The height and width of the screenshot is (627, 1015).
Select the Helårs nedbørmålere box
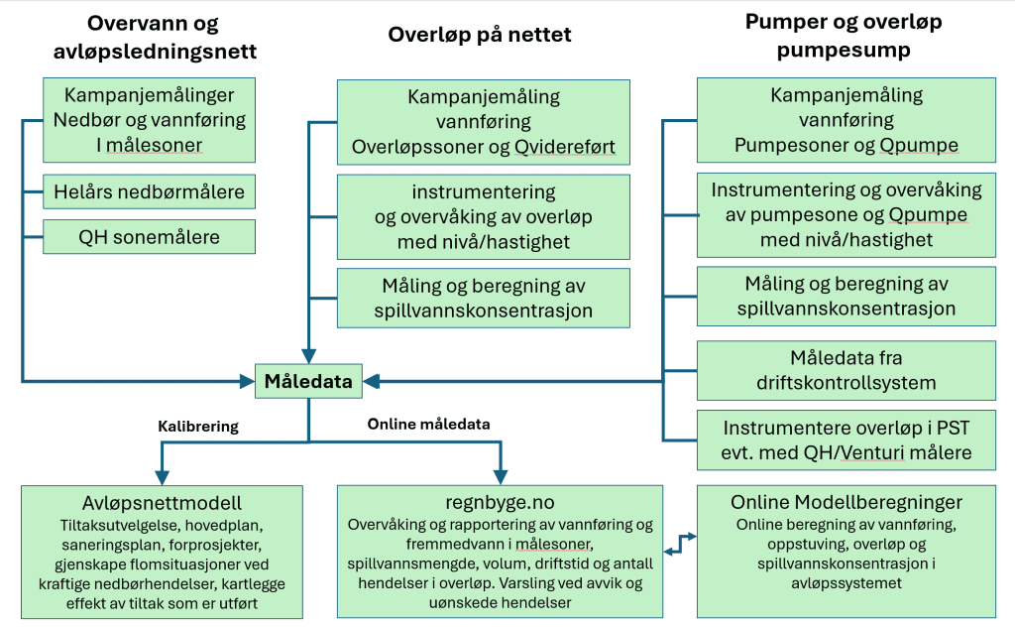[149, 189]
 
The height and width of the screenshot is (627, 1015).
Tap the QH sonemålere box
[149, 236]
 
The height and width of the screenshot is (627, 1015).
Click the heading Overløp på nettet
[479, 35]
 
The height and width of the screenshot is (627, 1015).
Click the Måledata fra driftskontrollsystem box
[846, 369]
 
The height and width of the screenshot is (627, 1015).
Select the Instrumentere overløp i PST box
[846, 440]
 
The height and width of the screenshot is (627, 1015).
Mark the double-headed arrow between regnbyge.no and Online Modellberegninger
[680, 543]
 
